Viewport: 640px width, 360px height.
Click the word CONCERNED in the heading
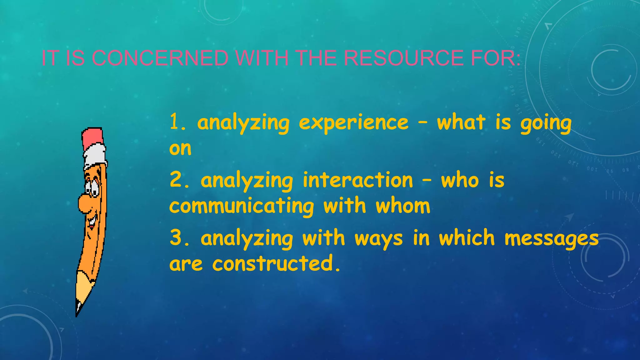click(x=160, y=58)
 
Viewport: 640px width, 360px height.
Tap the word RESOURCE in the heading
click(x=403, y=58)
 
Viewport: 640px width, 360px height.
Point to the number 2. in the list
click(x=180, y=180)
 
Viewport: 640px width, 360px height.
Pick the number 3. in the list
click(x=180, y=238)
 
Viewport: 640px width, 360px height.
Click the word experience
click(x=353, y=123)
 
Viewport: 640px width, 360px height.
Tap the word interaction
click(x=358, y=180)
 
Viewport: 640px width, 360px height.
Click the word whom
click(x=403, y=206)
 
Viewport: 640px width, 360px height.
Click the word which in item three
click(x=467, y=238)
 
